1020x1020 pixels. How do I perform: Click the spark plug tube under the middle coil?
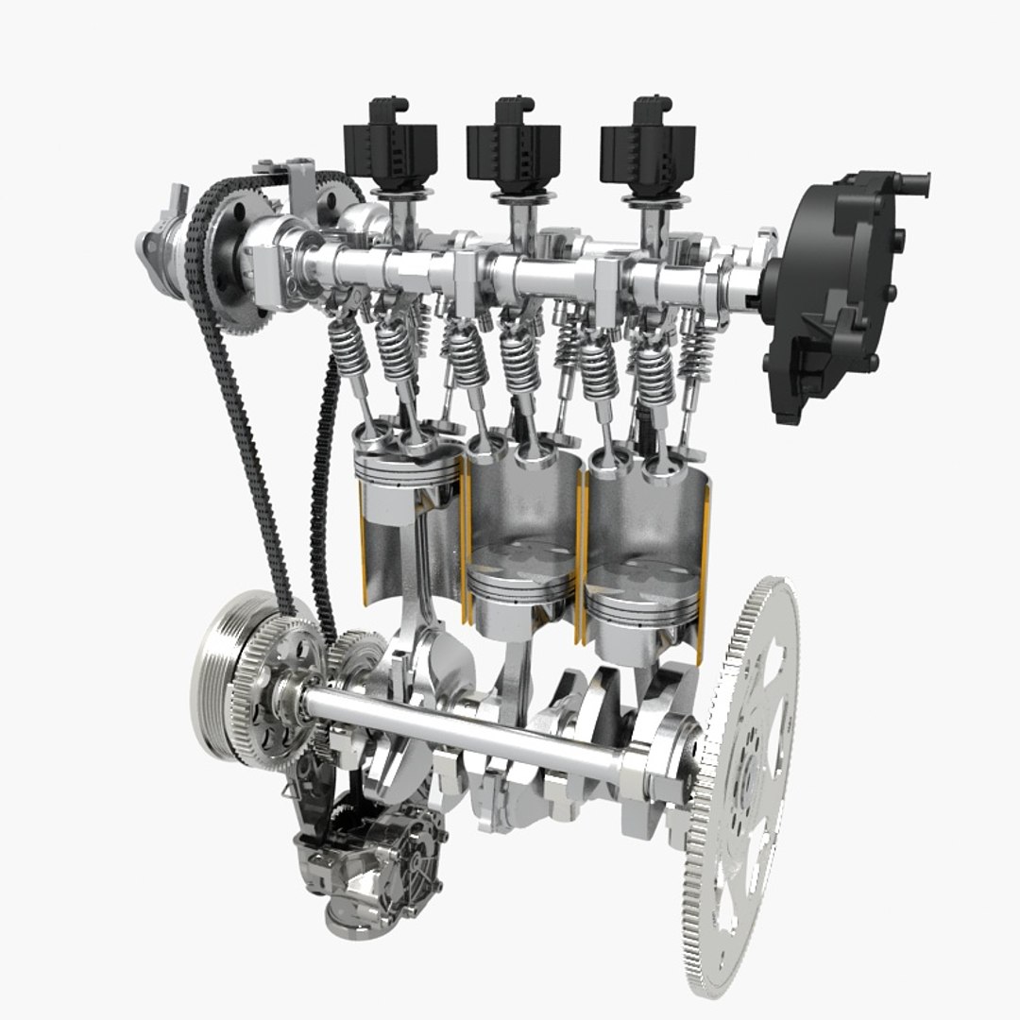pos(518,227)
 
